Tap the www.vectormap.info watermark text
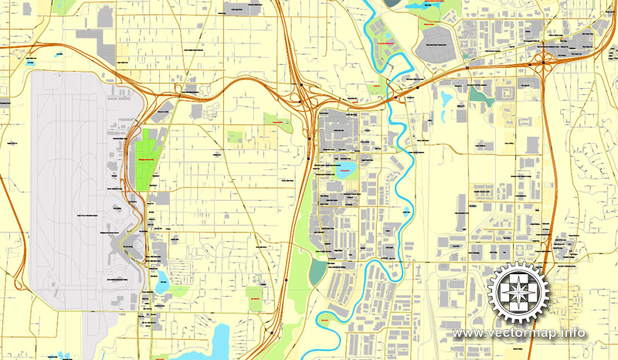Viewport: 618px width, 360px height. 518,333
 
